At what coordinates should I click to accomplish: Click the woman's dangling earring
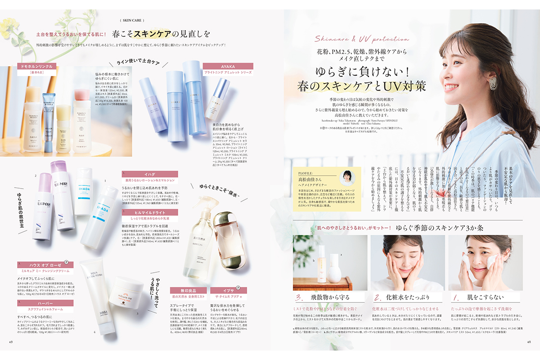(x=492, y=83)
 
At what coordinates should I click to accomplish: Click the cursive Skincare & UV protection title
(x=362, y=39)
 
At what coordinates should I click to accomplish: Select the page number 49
(x=10, y=341)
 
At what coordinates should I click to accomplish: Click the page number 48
(x=529, y=341)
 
